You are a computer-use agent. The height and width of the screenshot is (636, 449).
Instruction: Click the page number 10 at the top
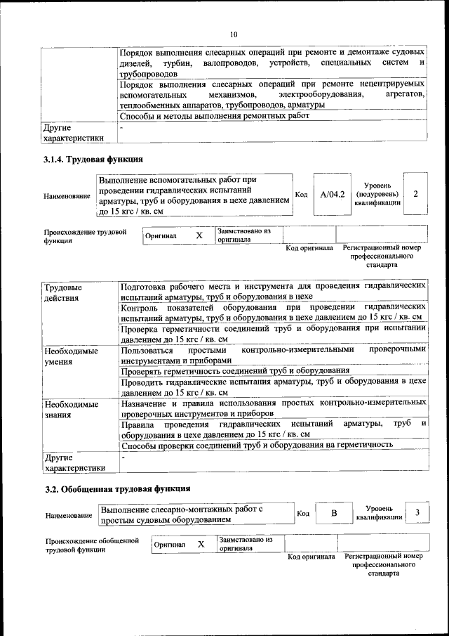click(234, 34)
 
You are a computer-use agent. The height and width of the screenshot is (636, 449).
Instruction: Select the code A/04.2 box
click(332, 194)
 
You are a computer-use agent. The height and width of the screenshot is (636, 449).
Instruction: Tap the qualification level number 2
click(416, 193)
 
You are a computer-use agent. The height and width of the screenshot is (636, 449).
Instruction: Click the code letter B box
click(334, 513)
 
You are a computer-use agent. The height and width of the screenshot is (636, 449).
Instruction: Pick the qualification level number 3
click(418, 513)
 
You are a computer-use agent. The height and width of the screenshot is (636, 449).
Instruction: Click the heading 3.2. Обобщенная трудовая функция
click(117, 488)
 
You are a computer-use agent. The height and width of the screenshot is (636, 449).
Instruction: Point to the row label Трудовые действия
click(63, 292)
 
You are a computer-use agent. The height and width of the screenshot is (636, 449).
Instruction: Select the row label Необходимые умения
click(71, 355)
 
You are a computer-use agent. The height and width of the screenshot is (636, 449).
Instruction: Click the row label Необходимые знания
click(71, 410)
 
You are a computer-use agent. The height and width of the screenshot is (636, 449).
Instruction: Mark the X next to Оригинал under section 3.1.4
click(199, 236)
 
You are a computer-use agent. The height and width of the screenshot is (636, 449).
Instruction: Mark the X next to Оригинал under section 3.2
click(201, 544)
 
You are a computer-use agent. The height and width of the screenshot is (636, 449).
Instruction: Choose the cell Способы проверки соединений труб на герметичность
click(257, 446)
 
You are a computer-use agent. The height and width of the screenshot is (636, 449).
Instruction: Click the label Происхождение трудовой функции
click(85, 235)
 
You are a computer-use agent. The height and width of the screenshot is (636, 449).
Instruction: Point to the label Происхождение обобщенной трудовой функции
click(88, 545)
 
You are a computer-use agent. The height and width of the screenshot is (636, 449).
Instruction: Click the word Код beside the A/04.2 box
click(301, 195)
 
